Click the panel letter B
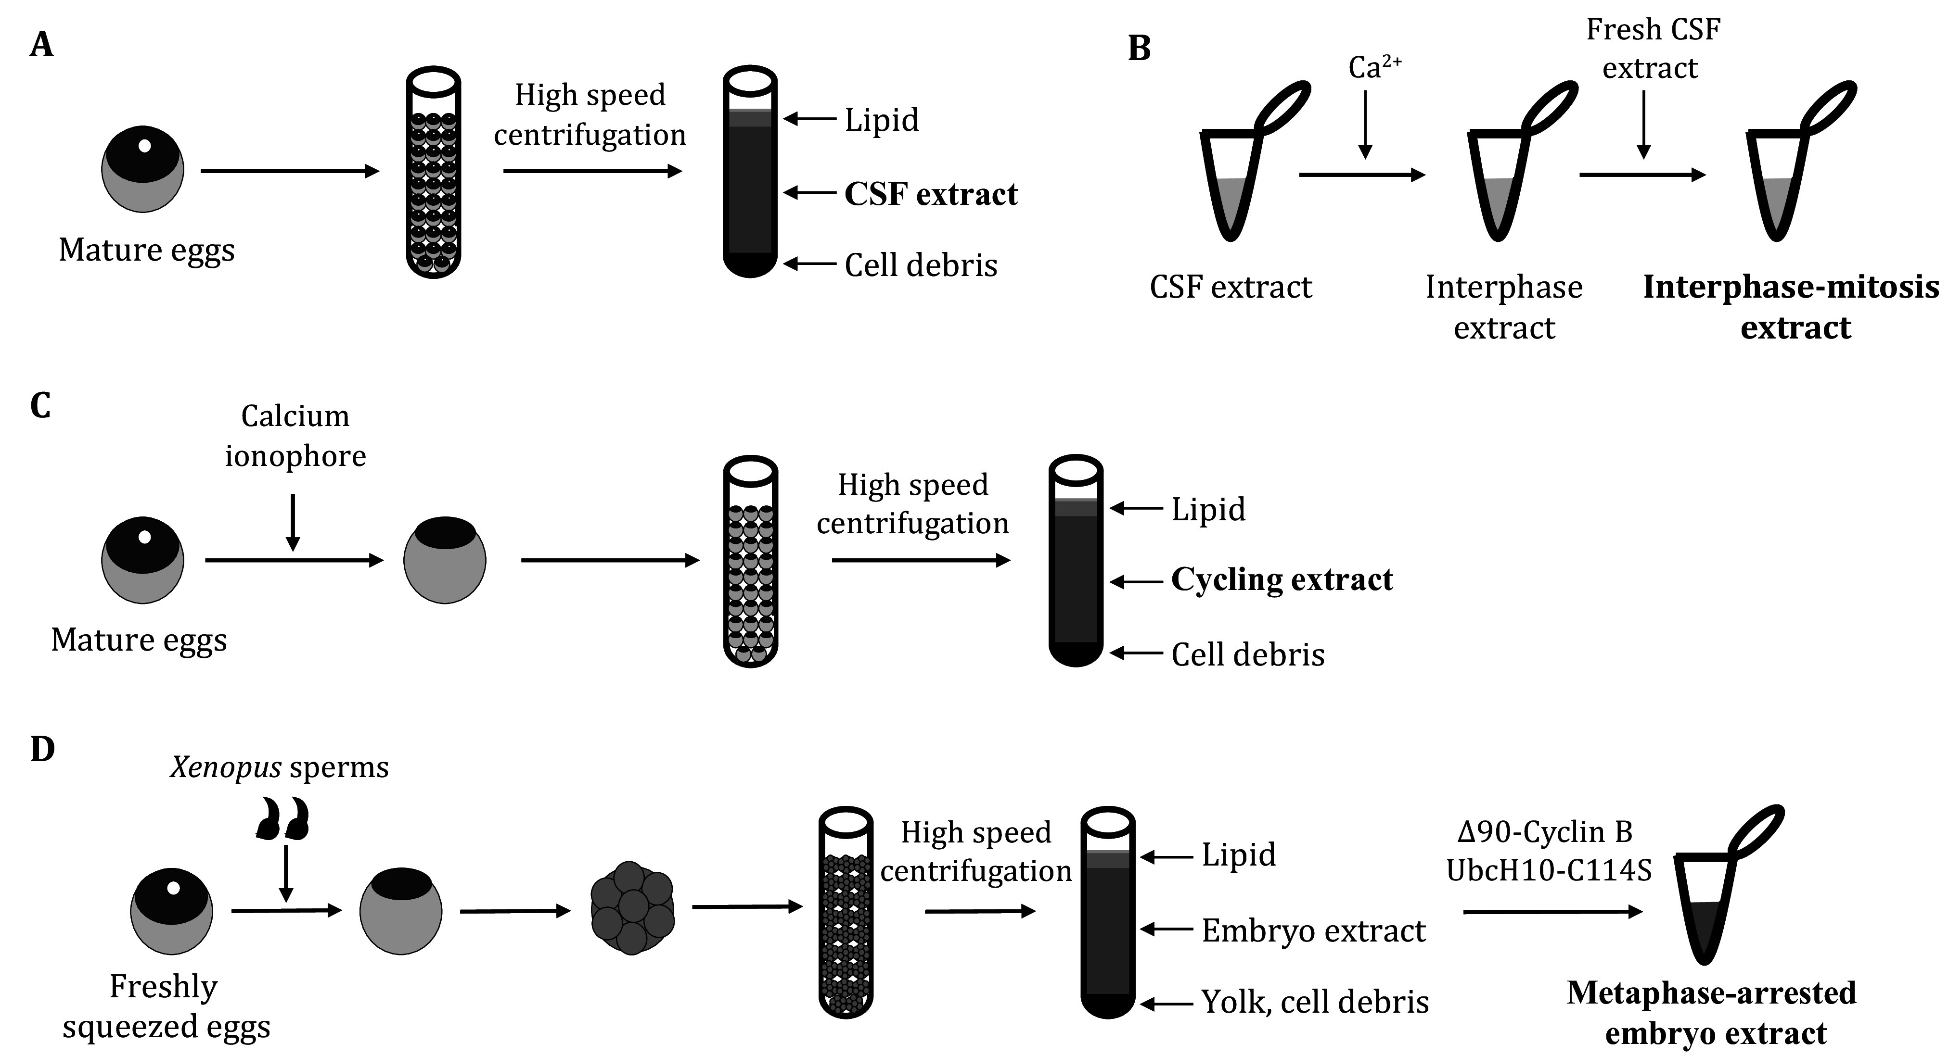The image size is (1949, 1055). click(1139, 49)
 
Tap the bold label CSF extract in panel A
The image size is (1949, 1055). click(931, 194)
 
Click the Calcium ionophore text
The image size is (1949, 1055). click(295, 436)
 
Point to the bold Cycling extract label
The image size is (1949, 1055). click(1282, 580)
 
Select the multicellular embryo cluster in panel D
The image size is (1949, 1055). click(632, 908)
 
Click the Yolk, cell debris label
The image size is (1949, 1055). click(1315, 1002)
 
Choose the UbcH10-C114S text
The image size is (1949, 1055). click(1549, 870)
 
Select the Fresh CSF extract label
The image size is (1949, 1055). click(1653, 49)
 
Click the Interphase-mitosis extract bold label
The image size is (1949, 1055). click(1791, 307)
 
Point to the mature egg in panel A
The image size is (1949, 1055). click(142, 169)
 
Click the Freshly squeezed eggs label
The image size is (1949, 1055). click(166, 1006)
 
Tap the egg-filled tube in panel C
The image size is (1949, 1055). click(751, 561)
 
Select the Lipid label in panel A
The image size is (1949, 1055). click(882, 119)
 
